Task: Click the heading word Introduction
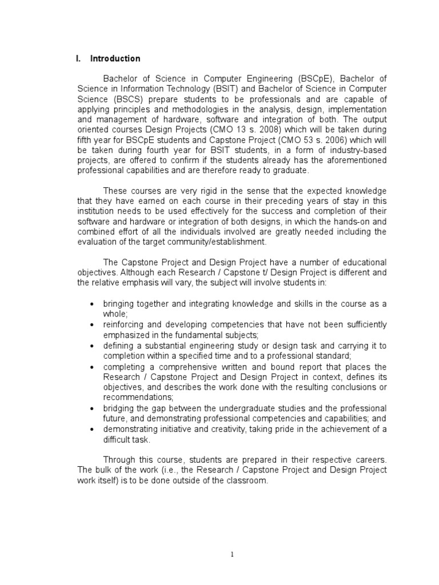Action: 118,58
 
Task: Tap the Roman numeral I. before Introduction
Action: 79,58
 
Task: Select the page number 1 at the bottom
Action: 233,554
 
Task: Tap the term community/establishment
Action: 211,242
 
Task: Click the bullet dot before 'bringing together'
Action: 91,304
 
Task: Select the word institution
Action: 96,211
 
